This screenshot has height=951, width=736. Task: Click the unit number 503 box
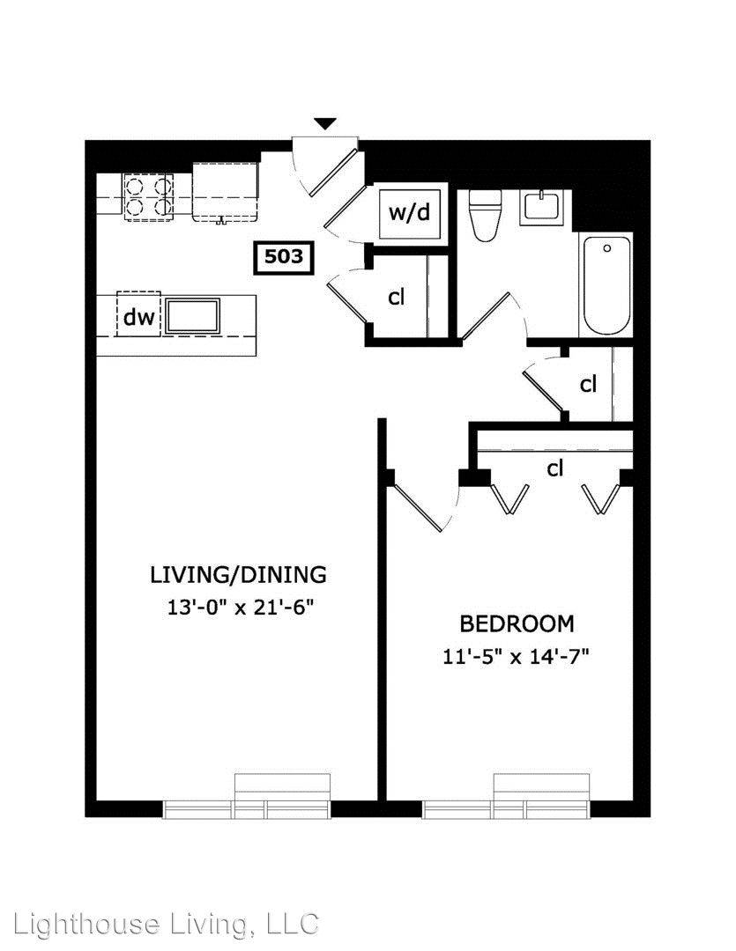click(284, 257)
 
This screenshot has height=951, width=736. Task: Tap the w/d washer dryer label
click(409, 212)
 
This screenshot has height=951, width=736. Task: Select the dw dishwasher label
click(138, 316)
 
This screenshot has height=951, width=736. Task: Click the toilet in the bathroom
click(485, 216)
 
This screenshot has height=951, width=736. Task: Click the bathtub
click(606, 284)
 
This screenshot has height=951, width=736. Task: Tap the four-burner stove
click(148, 196)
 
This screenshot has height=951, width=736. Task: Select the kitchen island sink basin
click(193, 315)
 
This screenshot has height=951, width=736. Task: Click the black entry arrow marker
click(325, 123)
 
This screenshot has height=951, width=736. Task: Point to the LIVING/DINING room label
click(238, 574)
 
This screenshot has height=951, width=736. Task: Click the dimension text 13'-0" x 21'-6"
click(242, 607)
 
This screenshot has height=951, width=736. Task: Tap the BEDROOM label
click(517, 623)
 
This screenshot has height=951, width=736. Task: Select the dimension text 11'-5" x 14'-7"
click(517, 656)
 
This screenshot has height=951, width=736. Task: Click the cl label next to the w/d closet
click(396, 297)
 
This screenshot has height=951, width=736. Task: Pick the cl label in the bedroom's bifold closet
click(555, 468)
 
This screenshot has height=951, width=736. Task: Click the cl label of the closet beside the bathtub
click(588, 384)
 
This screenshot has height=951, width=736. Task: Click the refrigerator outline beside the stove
click(226, 192)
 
